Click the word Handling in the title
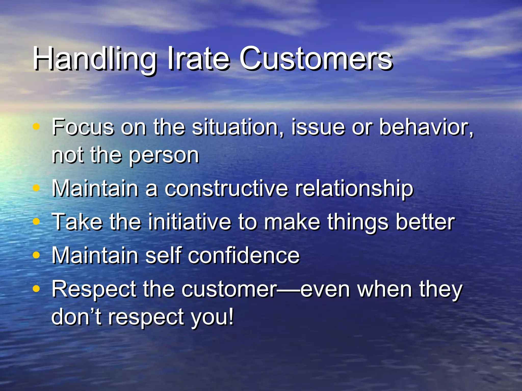tap(94, 59)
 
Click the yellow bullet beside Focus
tap(36, 126)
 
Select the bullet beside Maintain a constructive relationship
tap(36, 188)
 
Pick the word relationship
tap(354, 189)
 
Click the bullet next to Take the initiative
tap(36, 221)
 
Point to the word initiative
tap(190, 222)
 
